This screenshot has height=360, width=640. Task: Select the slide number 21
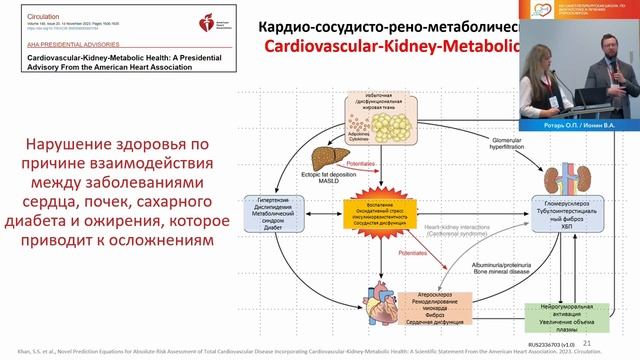pos(586,341)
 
